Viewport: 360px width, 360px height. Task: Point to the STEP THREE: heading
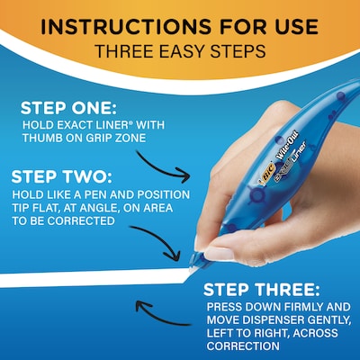[260, 290]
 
